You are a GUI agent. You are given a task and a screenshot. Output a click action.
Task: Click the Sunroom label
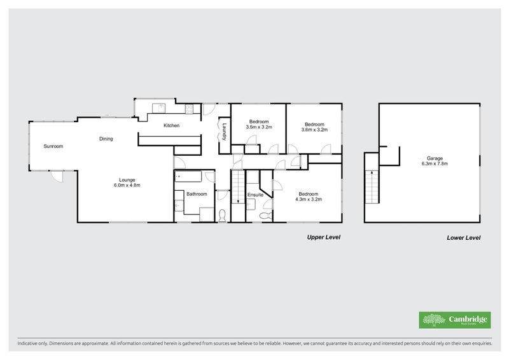tap(53, 146)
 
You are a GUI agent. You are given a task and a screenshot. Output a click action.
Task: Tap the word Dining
tap(106, 139)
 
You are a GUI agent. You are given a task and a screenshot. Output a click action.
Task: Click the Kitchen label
tap(171, 126)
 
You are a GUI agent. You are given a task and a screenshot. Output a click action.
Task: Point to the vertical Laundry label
tap(224, 132)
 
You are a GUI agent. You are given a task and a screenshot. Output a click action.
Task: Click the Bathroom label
tap(197, 194)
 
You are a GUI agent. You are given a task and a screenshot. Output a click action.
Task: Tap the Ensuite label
tap(256, 195)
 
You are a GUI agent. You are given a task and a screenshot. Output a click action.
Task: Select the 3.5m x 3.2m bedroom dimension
tap(259, 127)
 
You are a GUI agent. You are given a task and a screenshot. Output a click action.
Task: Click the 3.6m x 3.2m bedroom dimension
tap(314, 130)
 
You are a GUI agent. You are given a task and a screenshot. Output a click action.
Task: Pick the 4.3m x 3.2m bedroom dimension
tap(309, 199)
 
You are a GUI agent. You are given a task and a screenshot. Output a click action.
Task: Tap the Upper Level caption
tap(324, 237)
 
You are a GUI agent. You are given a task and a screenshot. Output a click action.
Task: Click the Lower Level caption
tap(464, 238)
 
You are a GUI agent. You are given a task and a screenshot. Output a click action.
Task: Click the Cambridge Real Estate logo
tap(455, 320)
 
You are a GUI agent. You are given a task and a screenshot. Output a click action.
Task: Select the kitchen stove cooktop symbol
tap(189, 109)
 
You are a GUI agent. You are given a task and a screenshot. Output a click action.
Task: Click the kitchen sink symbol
tap(158, 107)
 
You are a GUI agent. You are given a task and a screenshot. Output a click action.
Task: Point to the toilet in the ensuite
tap(265, 216)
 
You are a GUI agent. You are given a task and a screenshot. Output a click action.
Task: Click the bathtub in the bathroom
tap(188, 177)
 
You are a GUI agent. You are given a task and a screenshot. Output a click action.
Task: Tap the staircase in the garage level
tap(372, 186)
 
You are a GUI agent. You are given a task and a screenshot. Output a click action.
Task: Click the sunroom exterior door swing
tap(57, 177)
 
